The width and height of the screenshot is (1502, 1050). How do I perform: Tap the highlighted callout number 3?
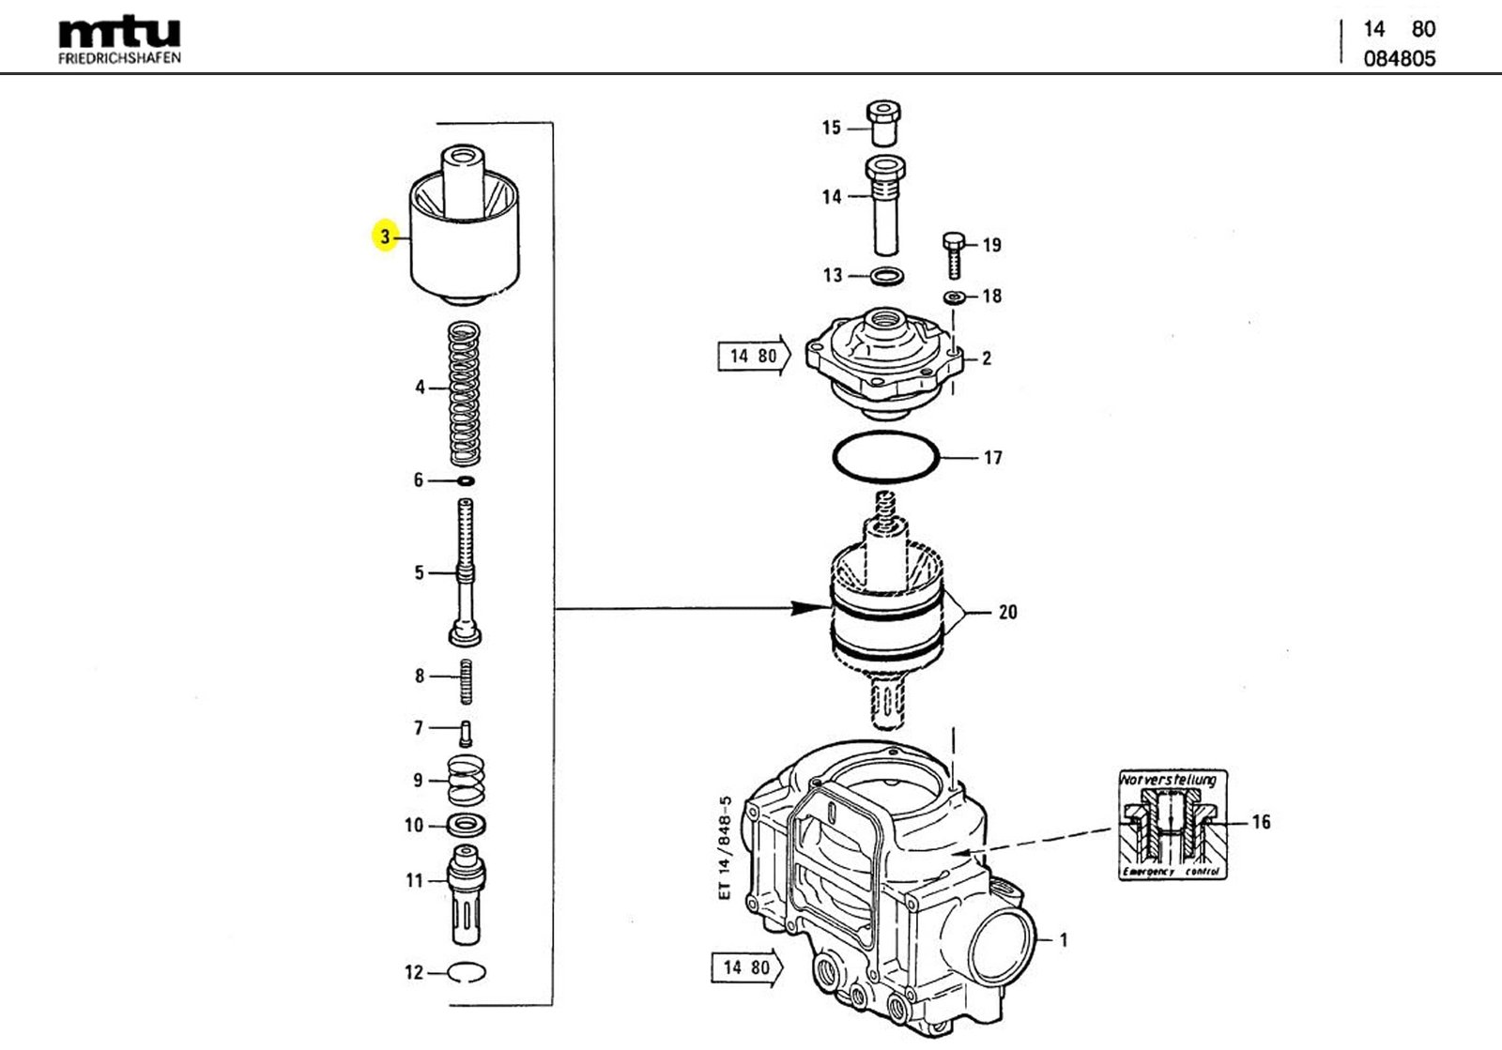click(385, 236)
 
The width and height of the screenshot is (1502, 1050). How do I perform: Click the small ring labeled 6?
click(465, 481)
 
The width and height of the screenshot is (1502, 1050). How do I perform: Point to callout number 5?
click(419, 573)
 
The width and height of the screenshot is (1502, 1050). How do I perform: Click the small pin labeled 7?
click(466, 731)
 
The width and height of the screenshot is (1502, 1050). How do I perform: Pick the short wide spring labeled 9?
click(466, 780)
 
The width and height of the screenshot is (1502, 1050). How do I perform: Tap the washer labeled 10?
click(467, 826)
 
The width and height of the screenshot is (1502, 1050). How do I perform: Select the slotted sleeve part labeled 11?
click(467, 896)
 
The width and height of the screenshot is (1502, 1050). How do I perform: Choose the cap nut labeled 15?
click(886, 122)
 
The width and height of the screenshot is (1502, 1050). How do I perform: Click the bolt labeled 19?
click(952, 253)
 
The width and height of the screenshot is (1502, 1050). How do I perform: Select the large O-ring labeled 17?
click(885, 458)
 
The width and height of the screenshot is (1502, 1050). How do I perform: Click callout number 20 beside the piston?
click(1007, 613)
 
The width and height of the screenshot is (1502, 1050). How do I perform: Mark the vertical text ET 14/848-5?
click(724, 848)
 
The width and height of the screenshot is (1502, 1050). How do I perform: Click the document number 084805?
click(1399, 58)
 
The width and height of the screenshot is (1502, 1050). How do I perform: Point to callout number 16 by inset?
click(1261, 822)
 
